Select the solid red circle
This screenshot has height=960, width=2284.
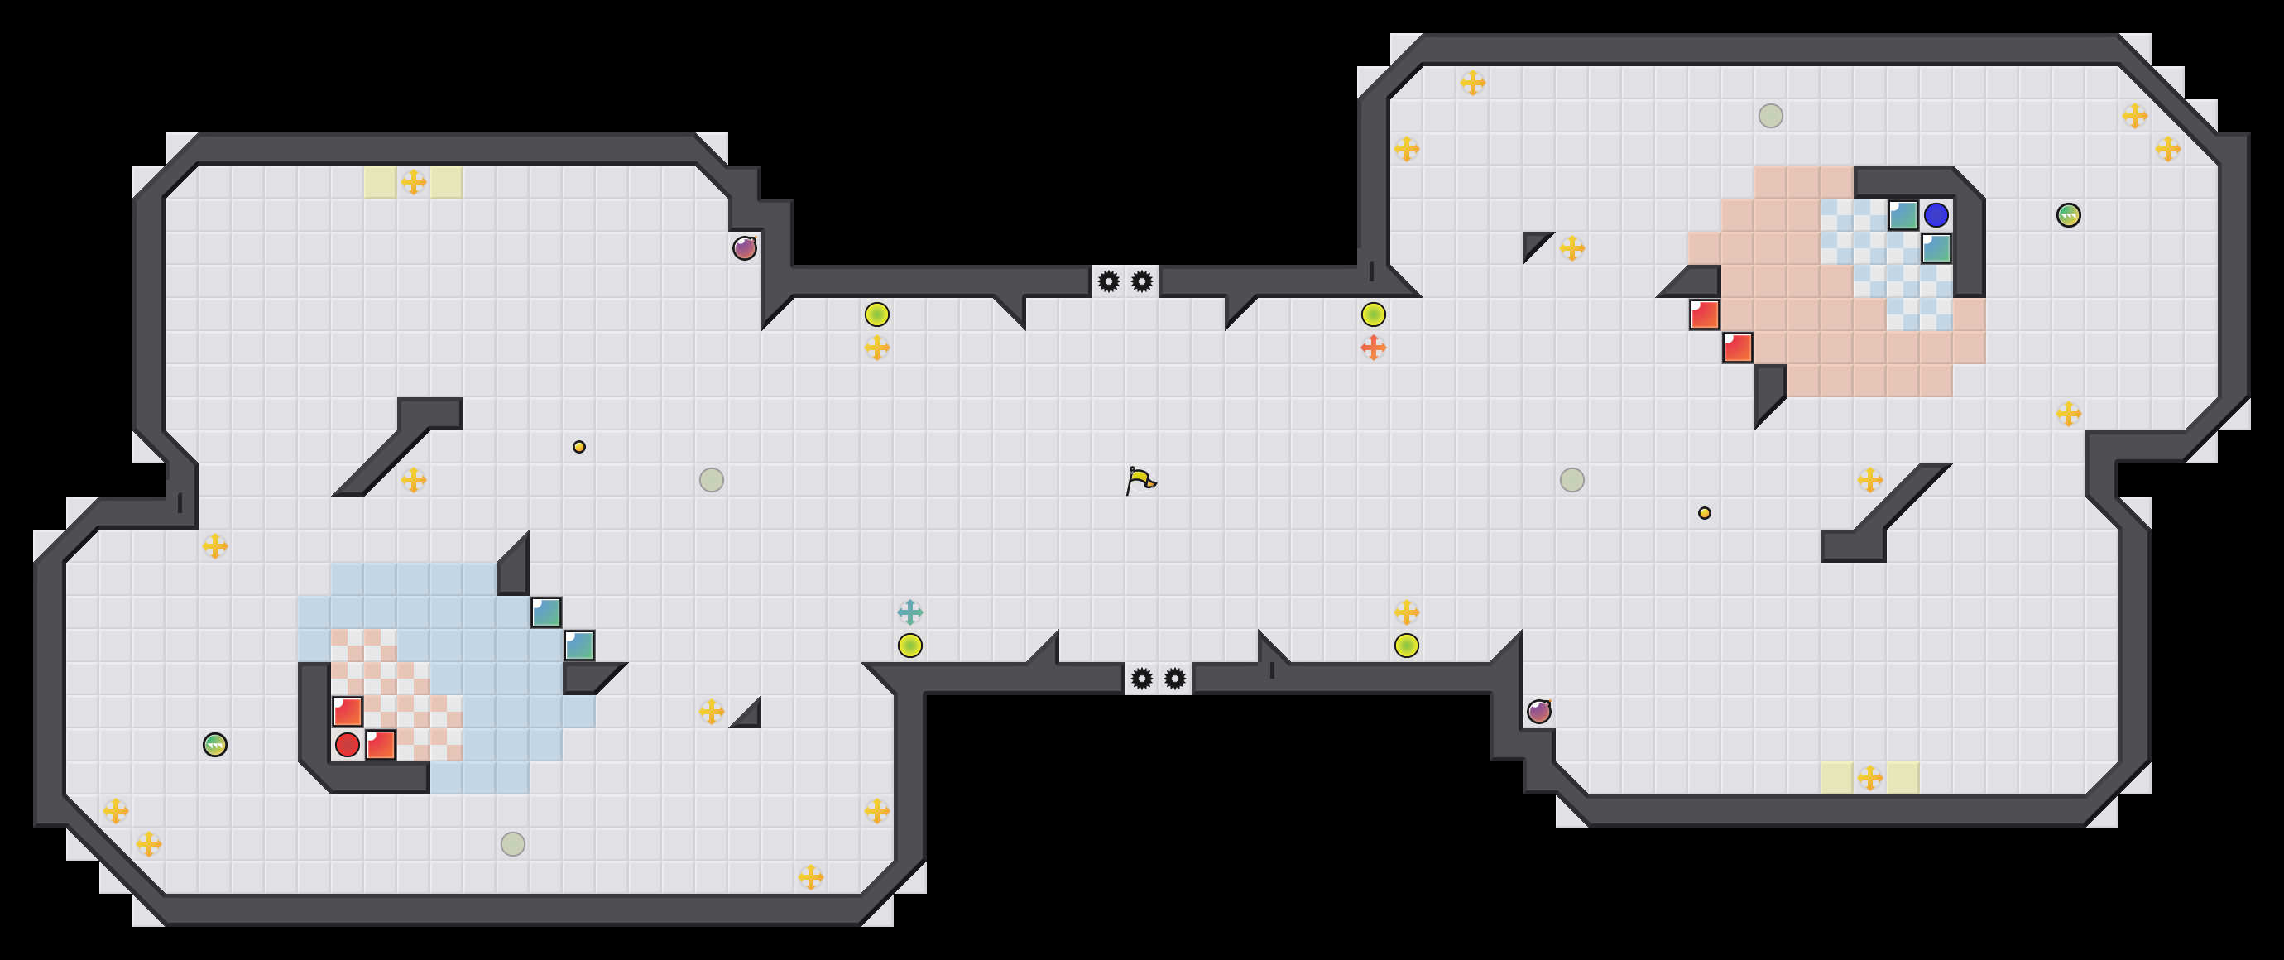[x=348, y=745]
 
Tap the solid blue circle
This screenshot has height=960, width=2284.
[x=1936, y=214]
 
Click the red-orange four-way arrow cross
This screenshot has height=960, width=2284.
[x=1374, y=348]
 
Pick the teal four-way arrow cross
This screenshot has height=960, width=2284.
[x=909, y=612]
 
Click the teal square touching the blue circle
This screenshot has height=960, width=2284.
[x=1903, y=214]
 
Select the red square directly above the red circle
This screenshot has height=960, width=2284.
[x=348, y=711]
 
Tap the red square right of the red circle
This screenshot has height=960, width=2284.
[x=381, y=745]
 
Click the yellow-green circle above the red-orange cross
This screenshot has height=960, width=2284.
[x=1374, y=314]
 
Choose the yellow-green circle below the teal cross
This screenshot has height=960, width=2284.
[x=909, y=646]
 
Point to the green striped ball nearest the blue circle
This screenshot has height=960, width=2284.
[x=2069, y=214]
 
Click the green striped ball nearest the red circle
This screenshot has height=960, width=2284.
[x=214, y=745]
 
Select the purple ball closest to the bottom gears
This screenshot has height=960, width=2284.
[x=1539, y=711]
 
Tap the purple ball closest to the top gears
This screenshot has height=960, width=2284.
[x=745, y=248]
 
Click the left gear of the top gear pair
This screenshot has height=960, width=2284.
[x=1108, y=282]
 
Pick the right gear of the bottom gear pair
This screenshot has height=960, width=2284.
[x=1175, y=679]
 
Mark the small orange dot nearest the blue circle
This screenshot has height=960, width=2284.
[x=1704, y=512]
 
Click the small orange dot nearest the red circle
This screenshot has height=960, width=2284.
[x=579, y=447]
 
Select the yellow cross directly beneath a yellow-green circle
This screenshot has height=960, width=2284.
[x=877, y=348]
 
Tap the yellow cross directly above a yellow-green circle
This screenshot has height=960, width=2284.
[x=1406, y=612]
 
